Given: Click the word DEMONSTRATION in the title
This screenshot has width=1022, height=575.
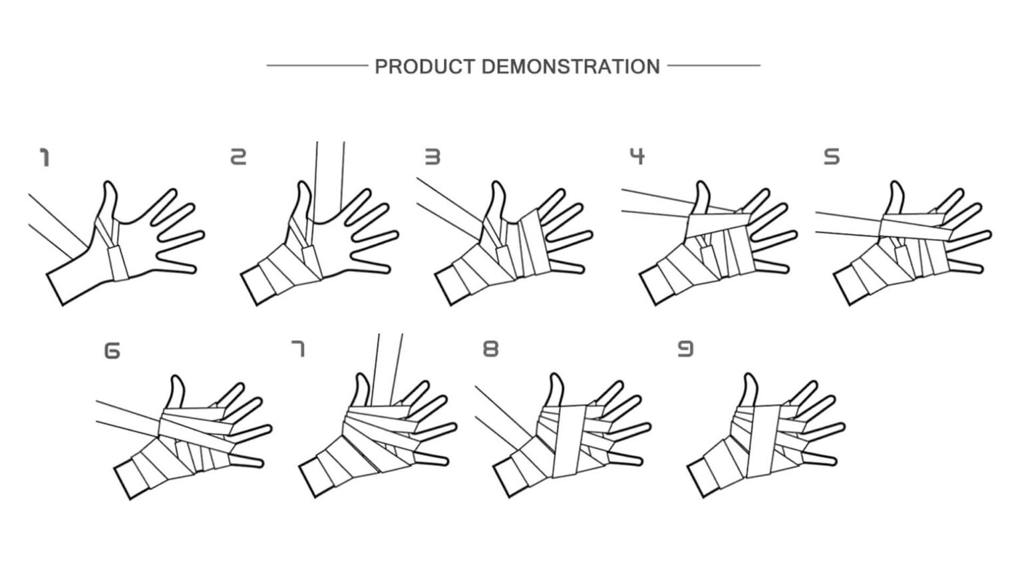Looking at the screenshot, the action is (571, 67).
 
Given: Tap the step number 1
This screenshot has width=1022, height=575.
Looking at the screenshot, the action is (45, 158).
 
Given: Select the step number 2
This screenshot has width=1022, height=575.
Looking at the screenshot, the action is (238, 157).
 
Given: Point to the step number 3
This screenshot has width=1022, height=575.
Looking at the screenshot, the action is (432, 157).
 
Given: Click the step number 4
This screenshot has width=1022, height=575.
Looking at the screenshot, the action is (637, 156).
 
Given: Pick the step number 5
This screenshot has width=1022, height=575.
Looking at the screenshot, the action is (831, 157).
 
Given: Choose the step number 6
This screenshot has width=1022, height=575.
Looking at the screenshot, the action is (112, 351).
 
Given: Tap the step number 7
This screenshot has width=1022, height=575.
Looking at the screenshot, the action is (298, 349).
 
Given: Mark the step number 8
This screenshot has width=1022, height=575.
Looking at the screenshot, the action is (491, 349).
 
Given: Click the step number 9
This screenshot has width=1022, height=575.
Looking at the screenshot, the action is (685, 349).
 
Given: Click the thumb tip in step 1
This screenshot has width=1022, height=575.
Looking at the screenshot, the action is (110, 184).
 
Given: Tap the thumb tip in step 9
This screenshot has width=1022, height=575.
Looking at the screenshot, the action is (749, 375).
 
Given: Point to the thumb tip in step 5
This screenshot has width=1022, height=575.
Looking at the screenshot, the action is (897, 184).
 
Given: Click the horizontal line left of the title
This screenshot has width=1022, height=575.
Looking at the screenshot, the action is (317, 66).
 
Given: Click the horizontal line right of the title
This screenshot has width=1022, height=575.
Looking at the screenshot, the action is (714, 66).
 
